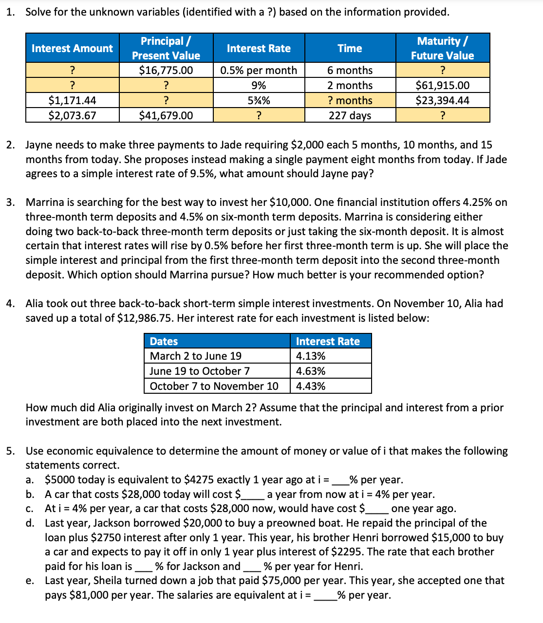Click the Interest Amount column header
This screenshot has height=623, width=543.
pyautogui.click(x=72, y=48)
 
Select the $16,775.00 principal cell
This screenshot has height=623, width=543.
pyautogui.click(x=166, y=70)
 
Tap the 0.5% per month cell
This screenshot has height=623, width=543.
pyautogui.click(x=258, y=70)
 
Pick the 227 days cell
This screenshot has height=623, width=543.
pyautogui.click(x=350, y=115)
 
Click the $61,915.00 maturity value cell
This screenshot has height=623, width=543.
pyautogui.click(x=442, y=85)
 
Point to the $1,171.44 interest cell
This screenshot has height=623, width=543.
pyautogui.click(x=72, y=100)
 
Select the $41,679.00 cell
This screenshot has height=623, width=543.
pyautogui.click(x=166, y=115)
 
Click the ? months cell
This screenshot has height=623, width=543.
pyautogui.click(x=350, y=100)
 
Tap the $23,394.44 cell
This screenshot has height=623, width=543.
pyautogui.click(x=442, y=100)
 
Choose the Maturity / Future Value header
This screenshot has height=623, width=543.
pyautogui.click(x=442, y=48)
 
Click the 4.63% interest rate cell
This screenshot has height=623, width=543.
pyautogui.click(x=311, y=371)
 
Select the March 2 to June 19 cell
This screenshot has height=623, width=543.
pyautogui.click(x=196, y=356)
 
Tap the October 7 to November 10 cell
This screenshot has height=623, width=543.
pyautogui.click(x=214, y=386)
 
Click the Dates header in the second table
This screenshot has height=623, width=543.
pyautogui.click(x=164, y=341)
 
